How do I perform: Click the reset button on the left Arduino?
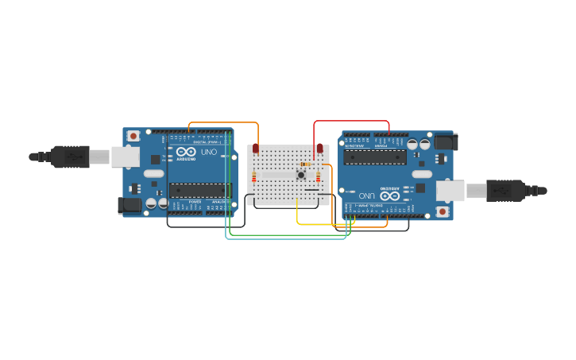point(133,136)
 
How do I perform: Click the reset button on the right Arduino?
point(442,211)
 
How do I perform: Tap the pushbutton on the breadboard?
point(301,175)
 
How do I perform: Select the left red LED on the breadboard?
point(256,149)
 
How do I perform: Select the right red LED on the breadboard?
point(320,149)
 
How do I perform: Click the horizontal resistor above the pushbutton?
point(306,165)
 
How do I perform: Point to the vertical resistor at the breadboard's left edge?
point(253,177)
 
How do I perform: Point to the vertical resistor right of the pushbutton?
point(319,177)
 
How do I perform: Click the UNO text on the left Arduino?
point(209,152)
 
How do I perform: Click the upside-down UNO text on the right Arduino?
point(367,195)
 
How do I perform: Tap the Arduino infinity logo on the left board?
point(186,152)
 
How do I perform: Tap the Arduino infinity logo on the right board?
point(390,195)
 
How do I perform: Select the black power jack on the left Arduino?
point(130,206)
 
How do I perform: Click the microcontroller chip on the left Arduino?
point(199,190)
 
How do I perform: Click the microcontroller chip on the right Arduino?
point(375,157)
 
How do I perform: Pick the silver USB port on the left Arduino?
point(125,157)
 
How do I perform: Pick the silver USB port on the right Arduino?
point(450,191)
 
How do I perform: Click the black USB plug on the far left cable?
point(71,157)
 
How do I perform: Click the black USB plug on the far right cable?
point(505,191)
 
